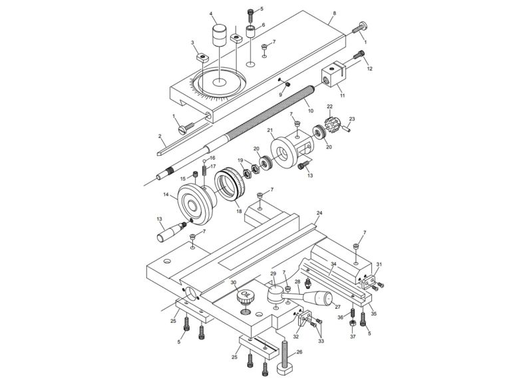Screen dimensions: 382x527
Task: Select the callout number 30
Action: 233,282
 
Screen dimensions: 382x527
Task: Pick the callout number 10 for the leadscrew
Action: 310,110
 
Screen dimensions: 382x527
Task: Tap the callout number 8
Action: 334,13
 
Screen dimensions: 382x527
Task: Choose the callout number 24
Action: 319,213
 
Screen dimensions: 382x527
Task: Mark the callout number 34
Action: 333,264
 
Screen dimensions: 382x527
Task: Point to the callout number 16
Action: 212,158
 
